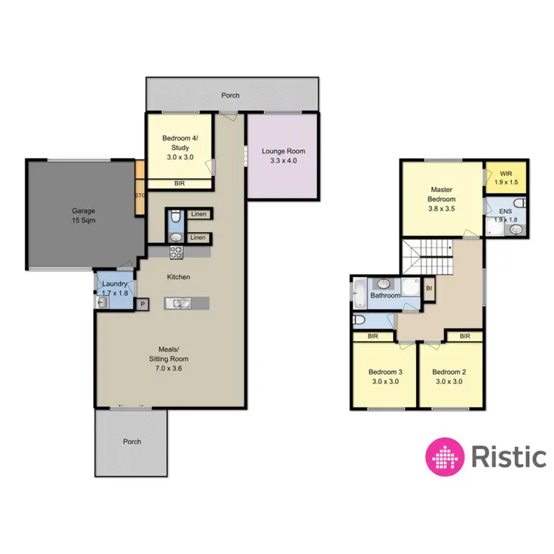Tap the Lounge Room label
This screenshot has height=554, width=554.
click(x=283, y=156)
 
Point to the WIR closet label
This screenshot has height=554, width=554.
click(x=505, y=177)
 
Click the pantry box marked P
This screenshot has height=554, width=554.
click(x=142, y=304)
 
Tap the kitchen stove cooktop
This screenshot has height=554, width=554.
click(x=177, y=252)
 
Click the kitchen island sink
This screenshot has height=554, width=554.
click(x=178, y=302)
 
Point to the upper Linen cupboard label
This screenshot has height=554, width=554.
click(x=197, y=215)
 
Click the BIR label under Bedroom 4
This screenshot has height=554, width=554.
click(x=179, y=184)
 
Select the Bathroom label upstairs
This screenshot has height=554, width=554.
click(x=385, y=295)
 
